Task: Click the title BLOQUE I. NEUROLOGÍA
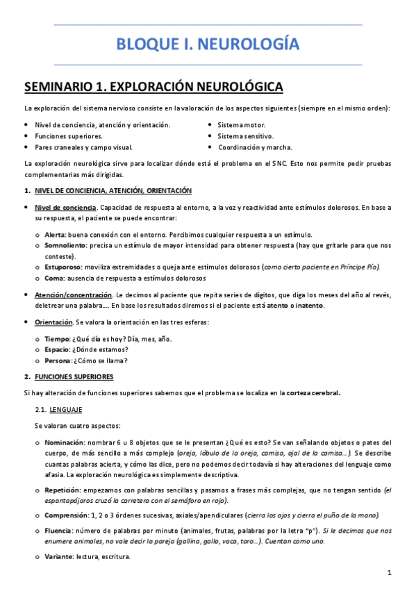tap(208, 45)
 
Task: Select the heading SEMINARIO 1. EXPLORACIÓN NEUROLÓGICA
tap(153, 87)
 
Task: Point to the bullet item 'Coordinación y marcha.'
tap(255, 147)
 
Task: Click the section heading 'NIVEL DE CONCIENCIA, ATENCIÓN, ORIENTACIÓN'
tap(113, 190)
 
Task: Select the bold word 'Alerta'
tap(56, 234)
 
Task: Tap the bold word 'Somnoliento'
tap(66, 245)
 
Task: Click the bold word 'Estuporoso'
tap(65, 267)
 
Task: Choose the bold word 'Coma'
tap(54, 279)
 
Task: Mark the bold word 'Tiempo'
tap(57, 338)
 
